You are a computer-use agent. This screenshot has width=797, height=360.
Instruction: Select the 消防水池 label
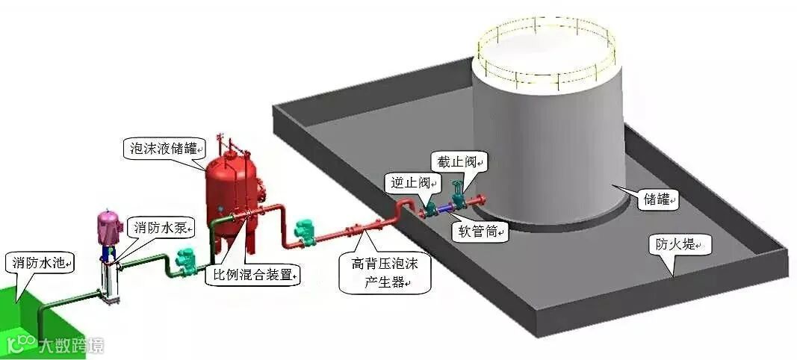pyautogui.click(x=41, y=263)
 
